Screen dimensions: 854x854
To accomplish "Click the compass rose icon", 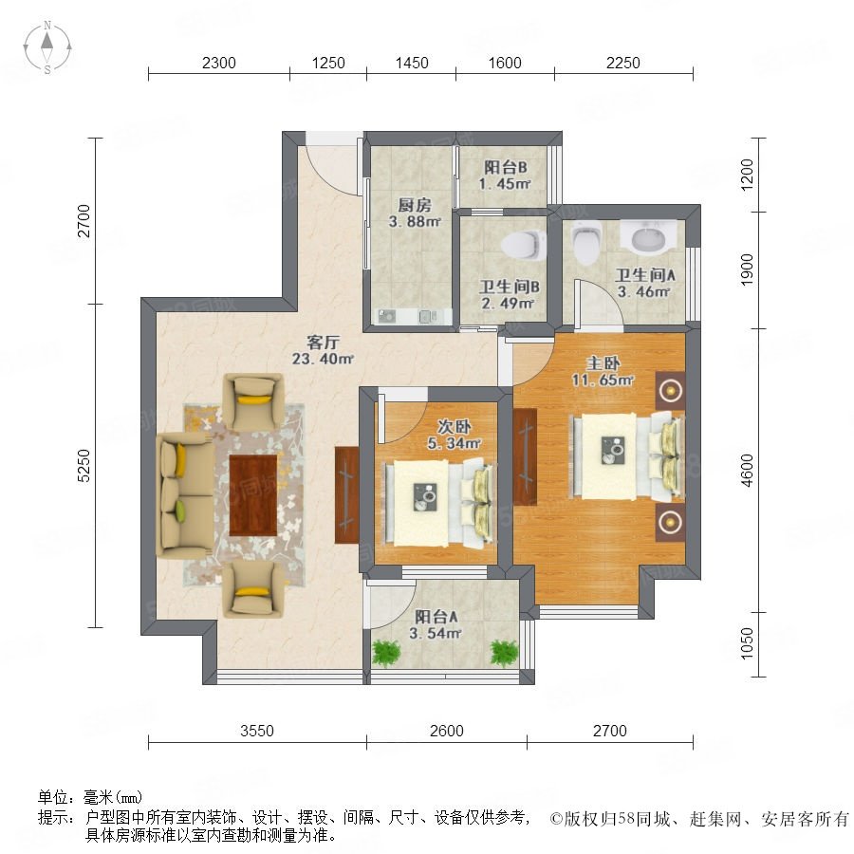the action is click(47, 47).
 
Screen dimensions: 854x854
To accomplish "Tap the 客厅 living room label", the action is click(323, 342).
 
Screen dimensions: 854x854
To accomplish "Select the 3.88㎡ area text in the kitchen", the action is click(415, 222).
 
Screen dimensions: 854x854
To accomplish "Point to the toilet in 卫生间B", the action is click(524, 244).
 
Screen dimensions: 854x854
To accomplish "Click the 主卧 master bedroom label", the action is click(603, 362).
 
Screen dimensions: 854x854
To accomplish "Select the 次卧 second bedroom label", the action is click(455, 426).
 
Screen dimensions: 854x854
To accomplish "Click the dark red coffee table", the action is click(252, 495).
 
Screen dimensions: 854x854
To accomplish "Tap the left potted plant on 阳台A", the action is click(386, 653).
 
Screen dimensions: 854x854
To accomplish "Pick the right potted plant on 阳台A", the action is click(504, 653).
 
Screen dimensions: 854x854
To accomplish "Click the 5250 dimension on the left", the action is click(84, 465).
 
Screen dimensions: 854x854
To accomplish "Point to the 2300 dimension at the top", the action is click(219, 63).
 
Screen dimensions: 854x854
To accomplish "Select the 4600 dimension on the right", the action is click(748, 470).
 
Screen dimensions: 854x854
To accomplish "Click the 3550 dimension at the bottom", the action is click(257, 731).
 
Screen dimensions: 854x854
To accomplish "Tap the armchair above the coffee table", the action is click(253, 400).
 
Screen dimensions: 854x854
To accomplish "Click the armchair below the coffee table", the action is click(253, 589).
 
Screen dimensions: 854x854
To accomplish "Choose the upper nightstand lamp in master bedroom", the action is click(671, 390).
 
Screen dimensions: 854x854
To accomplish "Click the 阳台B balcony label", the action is click(506, 167).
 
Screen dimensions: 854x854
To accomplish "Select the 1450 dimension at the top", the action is click(412, 63).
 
